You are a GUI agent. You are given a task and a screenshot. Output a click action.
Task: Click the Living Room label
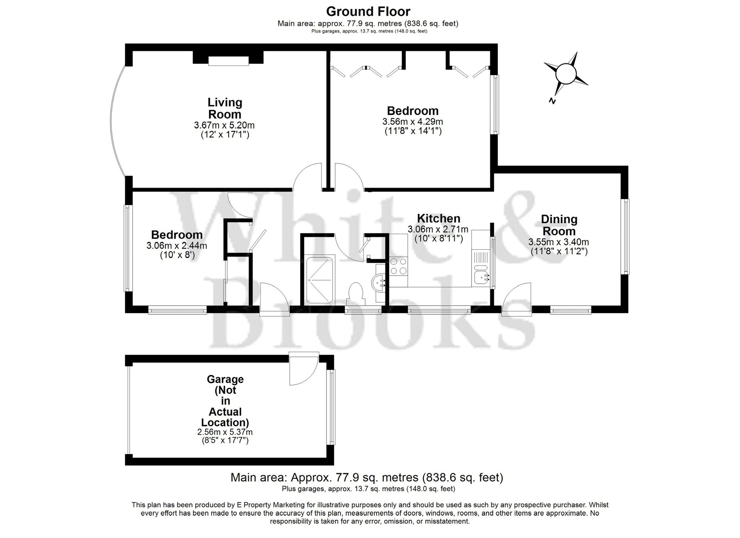coord(225,108)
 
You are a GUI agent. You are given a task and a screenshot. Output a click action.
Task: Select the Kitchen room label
coord(438,218)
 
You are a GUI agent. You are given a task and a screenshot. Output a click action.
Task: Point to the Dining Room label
coord(559,225)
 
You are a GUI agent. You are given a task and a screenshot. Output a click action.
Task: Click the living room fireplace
coord(228,60)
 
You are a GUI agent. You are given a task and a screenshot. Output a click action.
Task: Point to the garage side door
coord(303,369)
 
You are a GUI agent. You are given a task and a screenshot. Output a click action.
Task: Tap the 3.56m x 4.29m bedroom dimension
coord(413,122)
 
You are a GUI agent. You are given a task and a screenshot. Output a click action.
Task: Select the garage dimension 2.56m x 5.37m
coord(225,432)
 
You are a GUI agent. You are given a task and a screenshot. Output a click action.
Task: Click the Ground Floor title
coord(368,11)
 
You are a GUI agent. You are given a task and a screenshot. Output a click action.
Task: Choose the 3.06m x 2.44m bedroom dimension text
coord(177,245)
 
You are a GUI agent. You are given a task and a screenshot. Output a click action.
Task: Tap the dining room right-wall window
coord(625,236)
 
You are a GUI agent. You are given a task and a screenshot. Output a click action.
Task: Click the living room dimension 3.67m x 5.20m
coord(224,125)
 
